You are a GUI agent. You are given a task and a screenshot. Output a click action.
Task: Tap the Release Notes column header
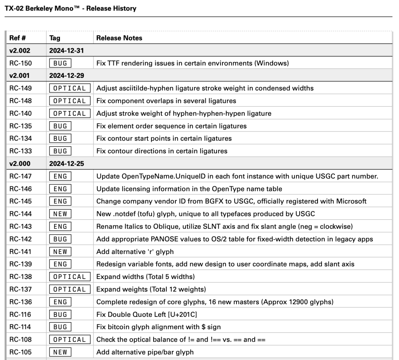coord(119,38)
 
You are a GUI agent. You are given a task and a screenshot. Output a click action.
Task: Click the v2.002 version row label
coord(20,51)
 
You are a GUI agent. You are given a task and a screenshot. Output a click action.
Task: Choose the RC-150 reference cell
coord(21,63)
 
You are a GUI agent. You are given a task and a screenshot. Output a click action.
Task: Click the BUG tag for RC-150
coord(60,63)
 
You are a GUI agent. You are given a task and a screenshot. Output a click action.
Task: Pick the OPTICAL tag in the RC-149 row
coord(69,88)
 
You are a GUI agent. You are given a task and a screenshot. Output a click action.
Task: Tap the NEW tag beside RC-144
coord(60,214)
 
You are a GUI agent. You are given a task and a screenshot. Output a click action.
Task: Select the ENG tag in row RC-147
coord(60,176)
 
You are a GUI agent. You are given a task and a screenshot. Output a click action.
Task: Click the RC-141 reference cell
coord(21,252)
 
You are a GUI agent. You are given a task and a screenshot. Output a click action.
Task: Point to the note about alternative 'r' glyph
coord(134,252)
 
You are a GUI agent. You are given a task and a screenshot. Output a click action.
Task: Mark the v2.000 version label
coord(20,164)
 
